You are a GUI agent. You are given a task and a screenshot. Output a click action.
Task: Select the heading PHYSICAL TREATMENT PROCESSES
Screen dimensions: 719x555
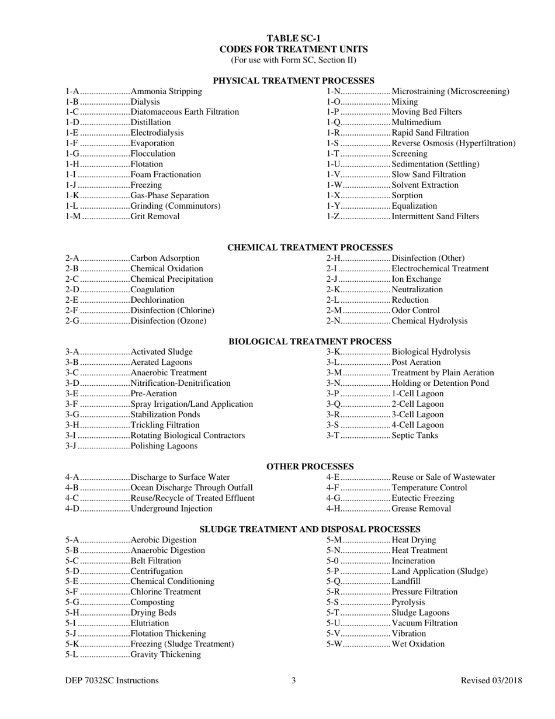coord(293,81)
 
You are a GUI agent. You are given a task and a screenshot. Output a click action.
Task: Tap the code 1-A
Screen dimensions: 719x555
coord(72,92)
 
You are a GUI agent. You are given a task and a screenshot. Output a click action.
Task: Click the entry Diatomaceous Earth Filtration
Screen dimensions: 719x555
coord(185,112)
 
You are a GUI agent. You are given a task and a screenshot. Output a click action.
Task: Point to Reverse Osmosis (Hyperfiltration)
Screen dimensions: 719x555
coord(453,144)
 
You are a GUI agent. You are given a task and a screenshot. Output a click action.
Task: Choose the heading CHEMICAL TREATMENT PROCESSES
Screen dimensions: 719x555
coord(310,248)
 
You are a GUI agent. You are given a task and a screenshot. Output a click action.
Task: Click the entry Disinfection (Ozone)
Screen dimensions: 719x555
coord(168,322)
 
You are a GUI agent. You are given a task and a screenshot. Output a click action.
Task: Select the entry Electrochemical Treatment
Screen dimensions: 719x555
coord(440,269)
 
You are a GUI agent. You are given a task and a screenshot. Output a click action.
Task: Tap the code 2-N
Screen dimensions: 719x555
coord(334,322)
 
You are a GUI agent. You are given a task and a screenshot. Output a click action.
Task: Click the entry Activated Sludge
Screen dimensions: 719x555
coord(161,352)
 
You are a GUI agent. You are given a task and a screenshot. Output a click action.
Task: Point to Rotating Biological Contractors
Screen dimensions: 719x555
coord(188,436)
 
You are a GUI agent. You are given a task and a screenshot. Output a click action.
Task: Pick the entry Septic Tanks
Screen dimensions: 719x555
coord(415,436)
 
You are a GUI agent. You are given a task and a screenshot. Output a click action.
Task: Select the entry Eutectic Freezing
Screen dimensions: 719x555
coord(422,499)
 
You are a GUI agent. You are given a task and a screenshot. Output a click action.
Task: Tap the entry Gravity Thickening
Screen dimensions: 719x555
coord(166,655)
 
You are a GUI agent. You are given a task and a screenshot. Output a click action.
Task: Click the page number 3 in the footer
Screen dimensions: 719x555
coord(294,680)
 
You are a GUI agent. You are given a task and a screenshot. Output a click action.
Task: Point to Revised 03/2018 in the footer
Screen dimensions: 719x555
coord(491,680)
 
